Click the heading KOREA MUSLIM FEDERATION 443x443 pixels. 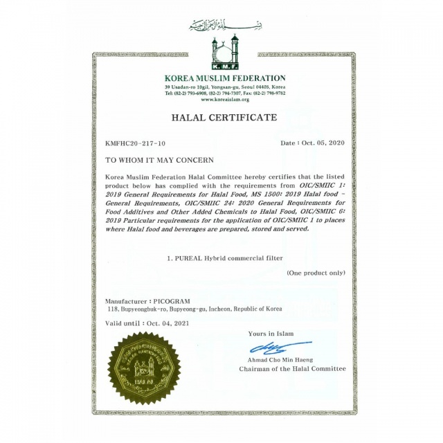click(x=225, y=78)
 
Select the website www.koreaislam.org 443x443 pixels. click(x=224, y=100)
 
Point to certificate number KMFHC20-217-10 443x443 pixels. click(x=135, y=143)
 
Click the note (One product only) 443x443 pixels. click(x=316, y=273)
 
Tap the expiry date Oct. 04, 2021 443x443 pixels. click(x=170, y=323)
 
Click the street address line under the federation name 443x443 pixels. click(x=224, y=87)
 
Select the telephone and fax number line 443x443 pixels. click(x=224, y=93)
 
